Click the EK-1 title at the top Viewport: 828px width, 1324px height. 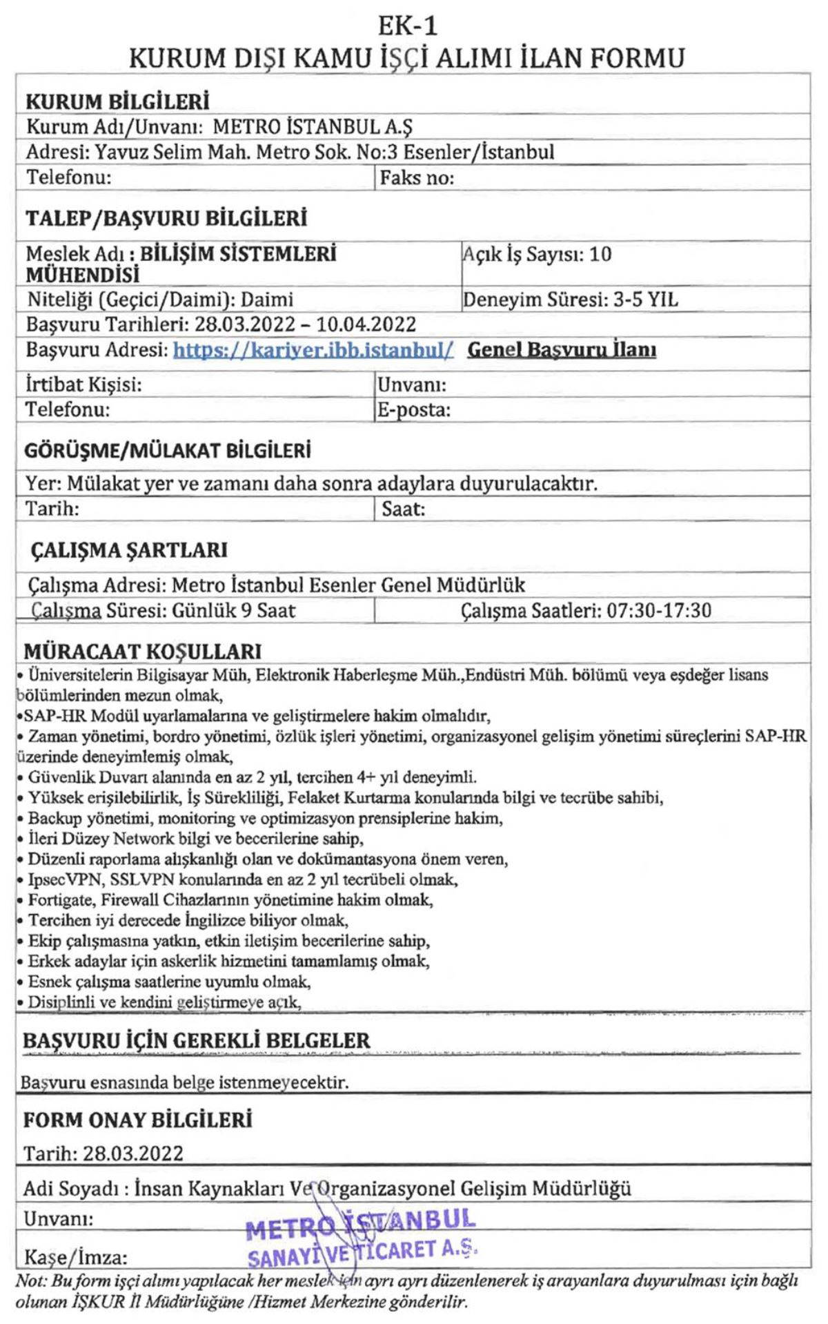407,26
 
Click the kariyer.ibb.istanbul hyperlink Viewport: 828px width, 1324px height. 313,350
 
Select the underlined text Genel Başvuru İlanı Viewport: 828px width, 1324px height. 562,350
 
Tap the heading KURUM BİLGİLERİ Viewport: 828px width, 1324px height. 117,101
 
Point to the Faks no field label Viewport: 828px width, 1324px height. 417,178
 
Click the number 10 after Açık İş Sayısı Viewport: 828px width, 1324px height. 600,255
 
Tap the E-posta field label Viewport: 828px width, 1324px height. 413,410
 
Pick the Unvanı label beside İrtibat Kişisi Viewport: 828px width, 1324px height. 412,384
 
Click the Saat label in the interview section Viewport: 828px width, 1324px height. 403,509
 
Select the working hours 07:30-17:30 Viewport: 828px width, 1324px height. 659,611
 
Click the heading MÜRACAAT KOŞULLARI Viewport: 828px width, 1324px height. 143,652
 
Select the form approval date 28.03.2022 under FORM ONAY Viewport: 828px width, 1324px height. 133,1153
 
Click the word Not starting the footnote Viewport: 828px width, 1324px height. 30,1281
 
